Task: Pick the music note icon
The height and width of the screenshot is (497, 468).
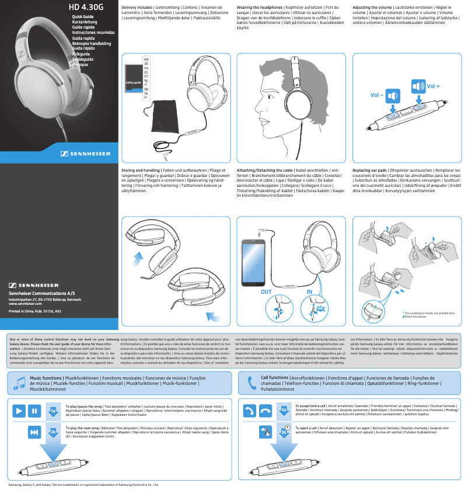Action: tap(19, 383)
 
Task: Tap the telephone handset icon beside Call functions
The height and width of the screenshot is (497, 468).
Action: tap(252, 383)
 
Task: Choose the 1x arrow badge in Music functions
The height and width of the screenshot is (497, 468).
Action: tap(53, 427)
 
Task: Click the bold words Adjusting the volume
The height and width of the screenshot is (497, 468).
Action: tap(372, 8)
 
